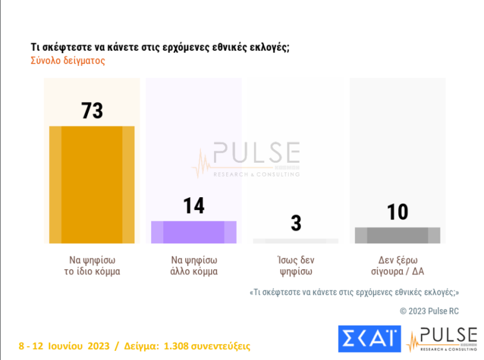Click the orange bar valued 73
click(91, 185)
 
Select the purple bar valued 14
click(194, 232)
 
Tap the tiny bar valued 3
click(296, 241)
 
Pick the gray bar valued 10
click(397, 235)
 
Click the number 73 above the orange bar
click(92, 111)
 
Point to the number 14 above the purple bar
click(194, 206)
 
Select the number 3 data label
click(296, 223)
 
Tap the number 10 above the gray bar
click(397, 212)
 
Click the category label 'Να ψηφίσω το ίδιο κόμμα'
click(92, 266)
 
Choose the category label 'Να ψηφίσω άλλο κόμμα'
click(194, 266)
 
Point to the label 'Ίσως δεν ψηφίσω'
click(296, 266)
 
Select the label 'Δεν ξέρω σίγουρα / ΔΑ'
click(397, 266)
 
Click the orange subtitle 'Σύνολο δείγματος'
click(68, 61)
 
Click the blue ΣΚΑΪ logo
click(368, 338)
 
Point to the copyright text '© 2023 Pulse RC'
click(429, 310)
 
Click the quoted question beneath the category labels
click(354, 292)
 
